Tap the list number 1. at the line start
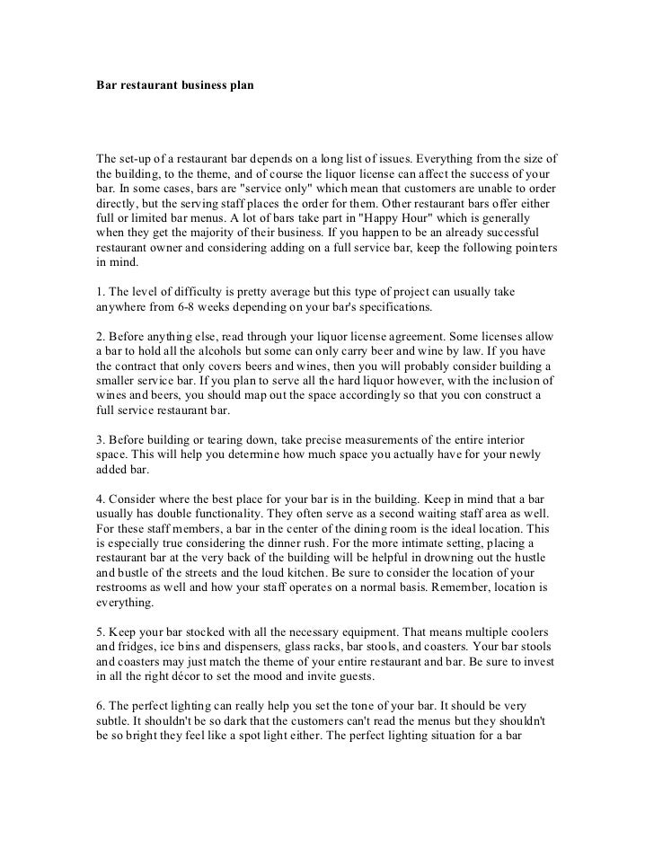(101, 291)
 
